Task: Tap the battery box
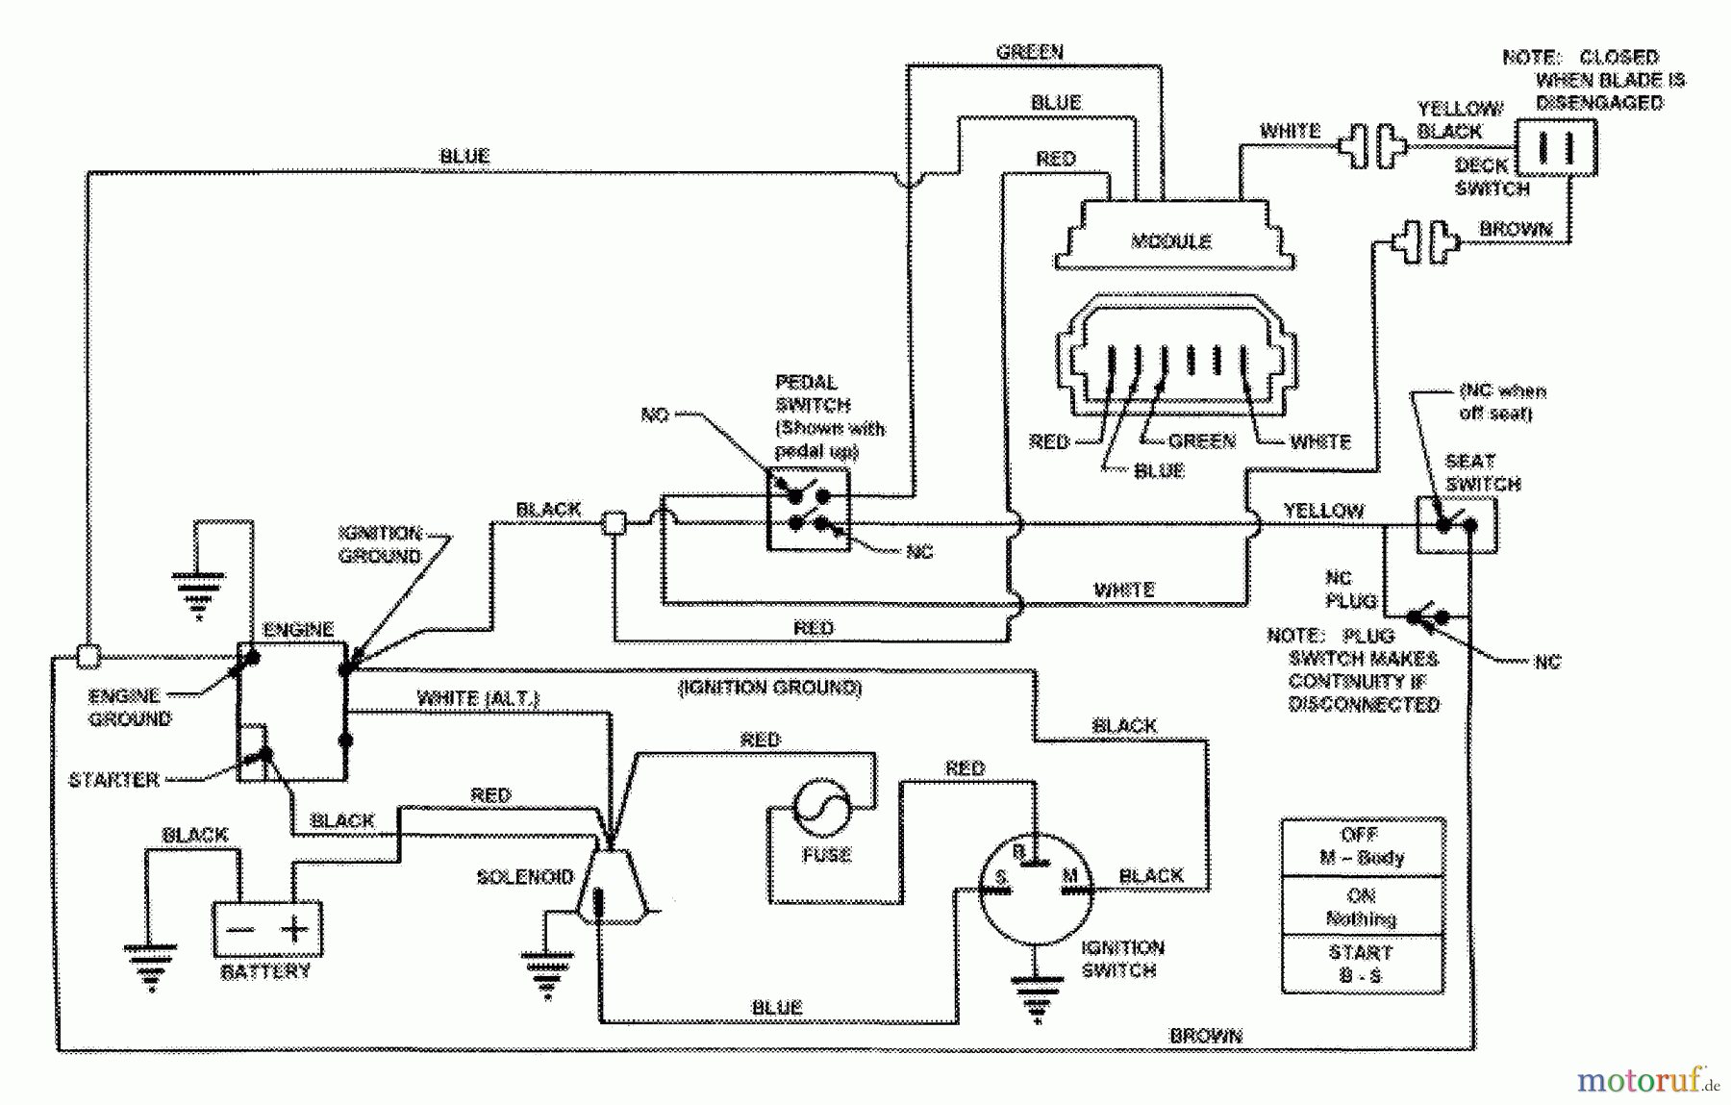[x=266, y=928]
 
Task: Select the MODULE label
[x=1171, y=240]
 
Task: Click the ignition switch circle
[x=1035, y=889]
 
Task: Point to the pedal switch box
[x=808, y=510]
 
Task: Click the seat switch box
[x=1456, y=525]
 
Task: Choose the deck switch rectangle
[x=1556, y=147]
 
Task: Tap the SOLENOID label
[x=525, y=877]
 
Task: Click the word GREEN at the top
[x=1029, y=52]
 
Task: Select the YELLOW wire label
[x=1323, y=511]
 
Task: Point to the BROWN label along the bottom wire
[x=1206, y=1036]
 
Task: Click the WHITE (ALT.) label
[x=478, y=698]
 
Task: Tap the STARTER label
[x=113, y=779]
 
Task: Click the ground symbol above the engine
[x=198, y=591]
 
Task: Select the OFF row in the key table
[x=1362, y=846]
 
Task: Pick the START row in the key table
[x=1362, y=964]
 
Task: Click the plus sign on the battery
[x=294, y=929]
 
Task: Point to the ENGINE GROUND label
[x=129, y=707]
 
